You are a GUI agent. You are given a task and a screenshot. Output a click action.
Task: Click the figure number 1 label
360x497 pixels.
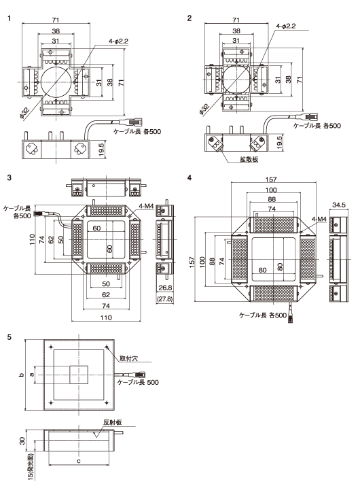[x=9, y=18]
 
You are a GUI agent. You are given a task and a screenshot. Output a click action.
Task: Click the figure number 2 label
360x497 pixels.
[x=190, y=18]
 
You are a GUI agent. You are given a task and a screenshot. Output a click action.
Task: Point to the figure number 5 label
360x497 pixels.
[x=9, y=336]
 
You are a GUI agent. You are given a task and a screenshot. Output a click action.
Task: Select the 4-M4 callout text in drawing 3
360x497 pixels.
[x=145, y=204]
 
